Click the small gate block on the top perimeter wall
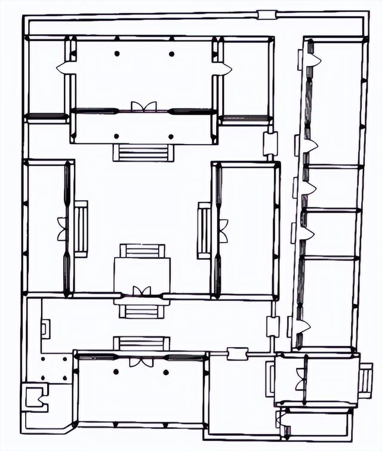click(266, 15)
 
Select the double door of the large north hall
click(143, 108)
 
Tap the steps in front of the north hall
click(143, 152)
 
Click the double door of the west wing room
click(63, 229)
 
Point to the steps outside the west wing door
click(81, 229)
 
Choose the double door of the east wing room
click(223, 231)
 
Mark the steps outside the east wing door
click(204, 231)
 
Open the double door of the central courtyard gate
click(141, 292)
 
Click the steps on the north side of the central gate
click(142, 250)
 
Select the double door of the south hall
click(141, 362)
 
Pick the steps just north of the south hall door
click(141, 343)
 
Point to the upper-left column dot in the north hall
click(117, 54)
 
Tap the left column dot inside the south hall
click(116, 372)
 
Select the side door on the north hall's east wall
click(223, 69)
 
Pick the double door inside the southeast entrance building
click(300, 380)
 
